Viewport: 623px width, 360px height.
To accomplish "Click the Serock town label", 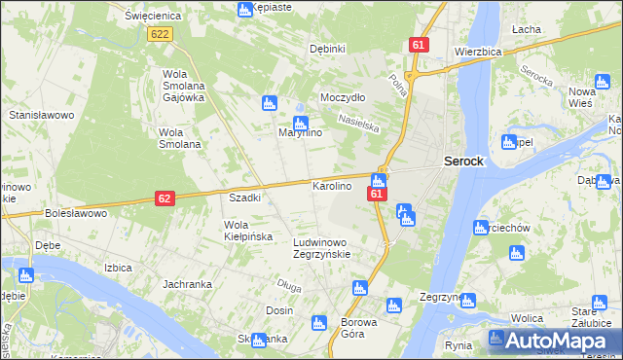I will click(x=463, y=162).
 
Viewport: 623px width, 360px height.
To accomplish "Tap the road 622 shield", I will click(x=161, y=34).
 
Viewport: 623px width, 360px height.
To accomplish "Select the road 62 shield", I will click(x=165, y=198).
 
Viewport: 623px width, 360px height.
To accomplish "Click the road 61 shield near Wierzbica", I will click(x=419, y=46).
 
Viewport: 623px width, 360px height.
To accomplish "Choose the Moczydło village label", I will click(x=343, y=98).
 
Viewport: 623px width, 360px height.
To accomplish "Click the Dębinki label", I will click(x=327, y=49).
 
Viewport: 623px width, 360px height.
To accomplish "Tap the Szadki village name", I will click(x=244, y=198).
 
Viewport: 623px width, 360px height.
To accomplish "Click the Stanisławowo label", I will click(x=42, y=115).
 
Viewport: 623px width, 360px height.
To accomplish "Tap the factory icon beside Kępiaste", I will click(x=244, y=10).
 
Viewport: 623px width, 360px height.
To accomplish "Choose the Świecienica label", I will click(x=148, y=16).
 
